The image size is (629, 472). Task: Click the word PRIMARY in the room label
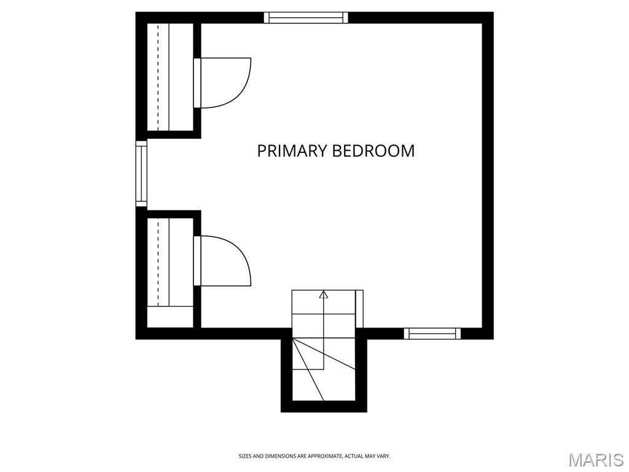coord(292,151)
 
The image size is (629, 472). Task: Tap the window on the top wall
coord(306,17)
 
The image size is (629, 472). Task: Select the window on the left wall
coord(141,174)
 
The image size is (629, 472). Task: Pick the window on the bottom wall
coord(432,333)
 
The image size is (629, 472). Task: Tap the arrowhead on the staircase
coord(324,294)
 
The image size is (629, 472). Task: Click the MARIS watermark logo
coord(596,460)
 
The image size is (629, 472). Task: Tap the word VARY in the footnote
coord(383,456)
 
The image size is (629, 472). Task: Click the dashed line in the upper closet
coord(158,77)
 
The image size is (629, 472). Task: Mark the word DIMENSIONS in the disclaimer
coord(278,456)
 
